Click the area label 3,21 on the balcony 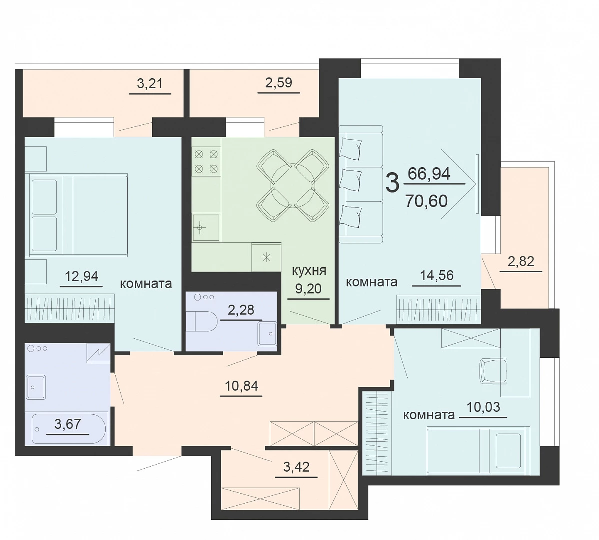pos(150,83)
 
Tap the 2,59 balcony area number pos(279,82)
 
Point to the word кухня pos(309,271)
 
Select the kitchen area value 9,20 pos(308,288)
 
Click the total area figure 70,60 pos(426,201)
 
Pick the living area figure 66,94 pos(429,174)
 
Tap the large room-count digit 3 pos(392,183)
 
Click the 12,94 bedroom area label pos(82,275)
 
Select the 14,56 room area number pos(437,275)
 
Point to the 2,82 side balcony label pos(521,261)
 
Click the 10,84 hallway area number pos(242,386)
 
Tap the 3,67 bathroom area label pos(68,424)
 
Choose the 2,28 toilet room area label pos(241,309)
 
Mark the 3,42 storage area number pos(296,466)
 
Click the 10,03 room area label pos(483,407)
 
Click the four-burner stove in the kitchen pos(206,161)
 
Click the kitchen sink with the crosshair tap pos(206,227)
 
